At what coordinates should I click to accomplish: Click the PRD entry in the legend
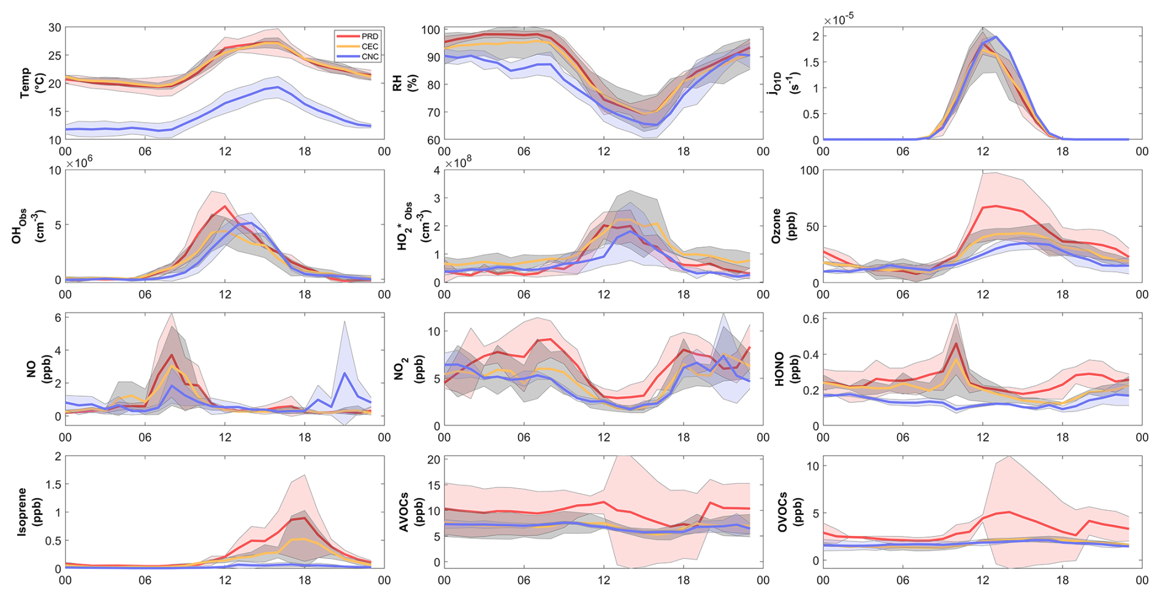click(x=370, y=37)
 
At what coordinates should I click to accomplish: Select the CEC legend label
click(x=370, y=47)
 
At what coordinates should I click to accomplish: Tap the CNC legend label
click(x=370, y=56)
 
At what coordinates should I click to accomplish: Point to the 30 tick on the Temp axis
click(x=55, y=28)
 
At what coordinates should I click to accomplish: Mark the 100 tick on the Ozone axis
click(x=809, y=170)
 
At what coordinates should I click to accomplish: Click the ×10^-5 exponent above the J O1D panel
click(x=839, y=20)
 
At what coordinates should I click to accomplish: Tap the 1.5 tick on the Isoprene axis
click(x=53, y=484)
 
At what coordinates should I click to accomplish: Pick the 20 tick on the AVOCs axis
click(x=434, y=460)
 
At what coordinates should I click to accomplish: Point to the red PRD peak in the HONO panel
click(x=955, y=343)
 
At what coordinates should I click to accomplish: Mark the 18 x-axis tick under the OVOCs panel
click(x=1062, y=580)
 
